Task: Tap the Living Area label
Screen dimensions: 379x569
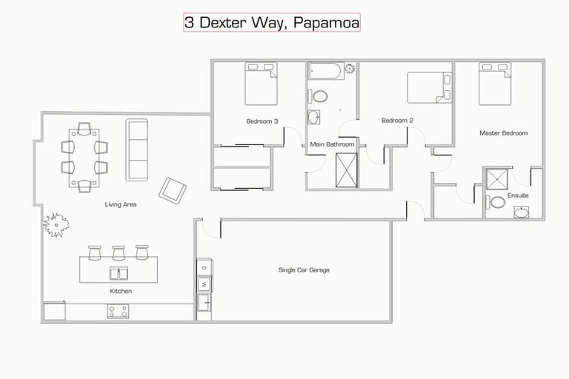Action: click(120, 204)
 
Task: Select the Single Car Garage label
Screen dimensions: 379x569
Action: click(304, 270)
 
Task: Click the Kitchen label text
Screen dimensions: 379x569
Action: click(121, 291)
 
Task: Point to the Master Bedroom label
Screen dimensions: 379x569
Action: click(503, 133)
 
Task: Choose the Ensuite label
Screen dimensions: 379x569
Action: click(517, 195)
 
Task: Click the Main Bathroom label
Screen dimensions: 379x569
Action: click(332, 144)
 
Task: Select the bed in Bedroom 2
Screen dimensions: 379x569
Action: click(429, 87)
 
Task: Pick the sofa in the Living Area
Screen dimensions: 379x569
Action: click(137, 150)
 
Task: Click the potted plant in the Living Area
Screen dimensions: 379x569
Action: click(56, 224)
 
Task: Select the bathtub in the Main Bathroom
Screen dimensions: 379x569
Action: click(326, 72)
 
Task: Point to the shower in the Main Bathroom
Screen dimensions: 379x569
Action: click(346, 170)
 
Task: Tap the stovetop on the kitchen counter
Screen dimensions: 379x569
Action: click(117, 312)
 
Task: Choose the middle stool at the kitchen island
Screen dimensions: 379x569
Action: click(119, 252)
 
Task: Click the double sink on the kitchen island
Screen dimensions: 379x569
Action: click(119, 272)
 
